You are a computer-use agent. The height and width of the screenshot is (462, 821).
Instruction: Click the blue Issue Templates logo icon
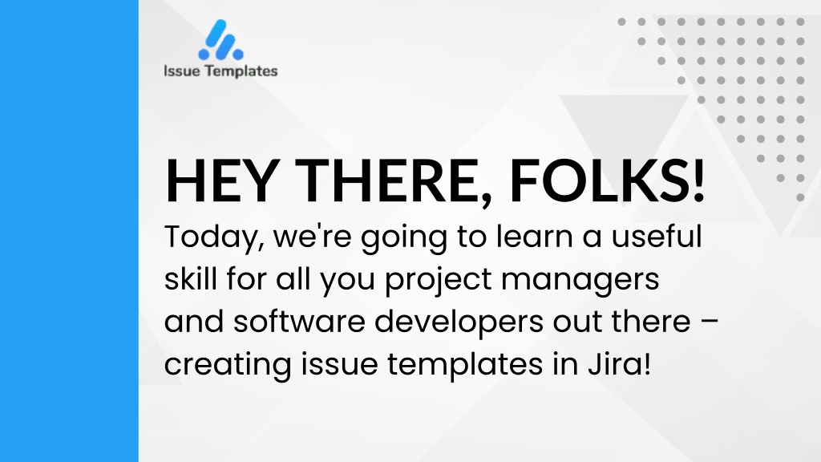point(220,40)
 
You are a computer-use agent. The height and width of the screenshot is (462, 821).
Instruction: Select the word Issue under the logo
point(182,71)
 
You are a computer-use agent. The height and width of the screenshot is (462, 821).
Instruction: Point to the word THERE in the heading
point(393,181)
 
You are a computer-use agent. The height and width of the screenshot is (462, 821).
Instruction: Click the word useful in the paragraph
point(657,236)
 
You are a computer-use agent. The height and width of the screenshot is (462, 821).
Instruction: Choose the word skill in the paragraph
point(191,278)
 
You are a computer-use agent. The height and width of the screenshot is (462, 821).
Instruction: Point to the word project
point(439,280)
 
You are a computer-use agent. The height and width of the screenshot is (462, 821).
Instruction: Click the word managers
point(580,280)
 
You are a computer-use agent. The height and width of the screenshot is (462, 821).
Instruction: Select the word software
point(299,321)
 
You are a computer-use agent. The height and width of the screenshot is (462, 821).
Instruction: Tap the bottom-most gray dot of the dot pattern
point(800,197)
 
